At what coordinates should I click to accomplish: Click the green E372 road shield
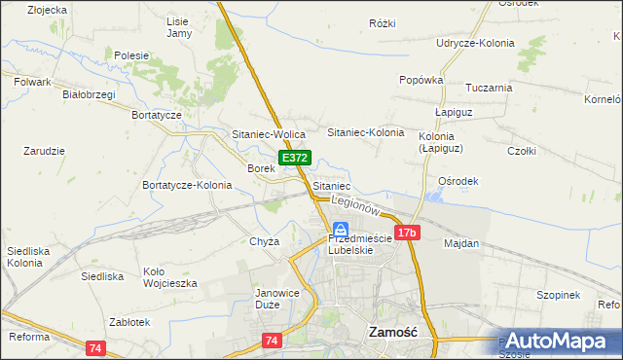(x=295, y=158)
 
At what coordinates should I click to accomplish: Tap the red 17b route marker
(x=408, y=233)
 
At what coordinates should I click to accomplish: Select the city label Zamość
(x=393, y=332)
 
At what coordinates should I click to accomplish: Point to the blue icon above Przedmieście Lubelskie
(x=340, y=228)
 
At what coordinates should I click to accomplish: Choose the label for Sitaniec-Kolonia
(x=365, y=131)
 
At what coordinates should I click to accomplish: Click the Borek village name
(x=261, y=168)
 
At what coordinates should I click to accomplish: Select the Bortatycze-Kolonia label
(x=187, y=185)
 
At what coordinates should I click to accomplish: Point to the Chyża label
(x=265, y=241)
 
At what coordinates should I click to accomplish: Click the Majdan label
(x=461, y=243)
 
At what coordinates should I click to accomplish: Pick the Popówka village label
(x=421, y=80)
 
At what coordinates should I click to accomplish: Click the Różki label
(x=383, y=22)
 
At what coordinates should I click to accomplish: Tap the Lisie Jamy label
(x=179, y=27)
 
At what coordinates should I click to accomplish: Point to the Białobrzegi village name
(x=89, y=94)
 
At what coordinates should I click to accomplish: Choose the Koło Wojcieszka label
(x=169, y=277)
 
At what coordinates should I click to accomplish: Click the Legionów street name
(x=354, y=204)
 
